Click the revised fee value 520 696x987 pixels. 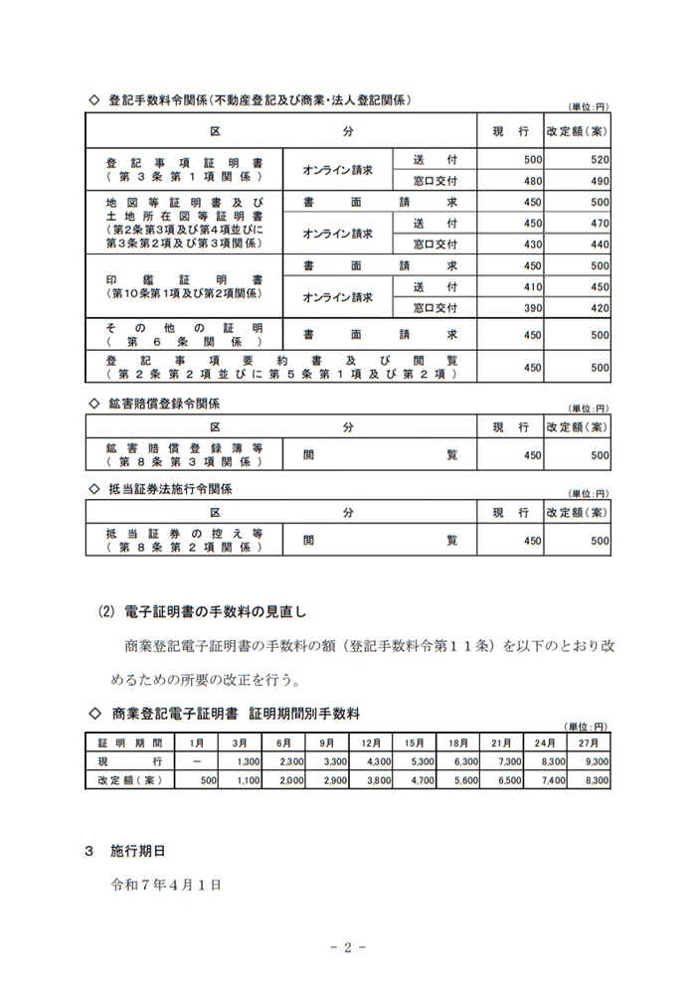pos(600,159)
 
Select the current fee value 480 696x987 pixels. pos(532,180)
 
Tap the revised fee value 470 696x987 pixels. pos(600,223)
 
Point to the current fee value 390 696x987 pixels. pos(532,308)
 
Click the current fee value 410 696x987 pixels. pos(532,286)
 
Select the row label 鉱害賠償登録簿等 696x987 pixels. pos(184,448)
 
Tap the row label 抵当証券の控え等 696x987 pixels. pos(184,534)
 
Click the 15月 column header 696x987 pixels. pos(415,742)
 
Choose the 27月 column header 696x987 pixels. pos(588,742)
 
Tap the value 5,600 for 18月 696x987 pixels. pos(466,780)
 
